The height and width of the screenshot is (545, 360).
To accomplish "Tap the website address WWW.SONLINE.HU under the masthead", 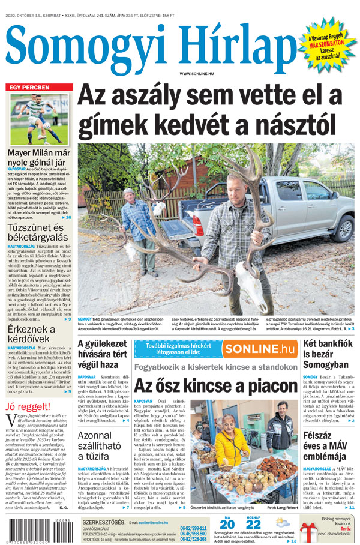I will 196,74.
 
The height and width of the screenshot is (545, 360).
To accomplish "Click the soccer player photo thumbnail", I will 39,119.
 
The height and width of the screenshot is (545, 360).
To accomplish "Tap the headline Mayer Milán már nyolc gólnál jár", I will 37,157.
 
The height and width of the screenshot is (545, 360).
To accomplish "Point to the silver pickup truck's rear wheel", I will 344,228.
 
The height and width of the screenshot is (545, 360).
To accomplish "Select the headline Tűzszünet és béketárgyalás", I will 35,233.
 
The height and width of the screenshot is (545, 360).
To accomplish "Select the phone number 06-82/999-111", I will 193,528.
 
